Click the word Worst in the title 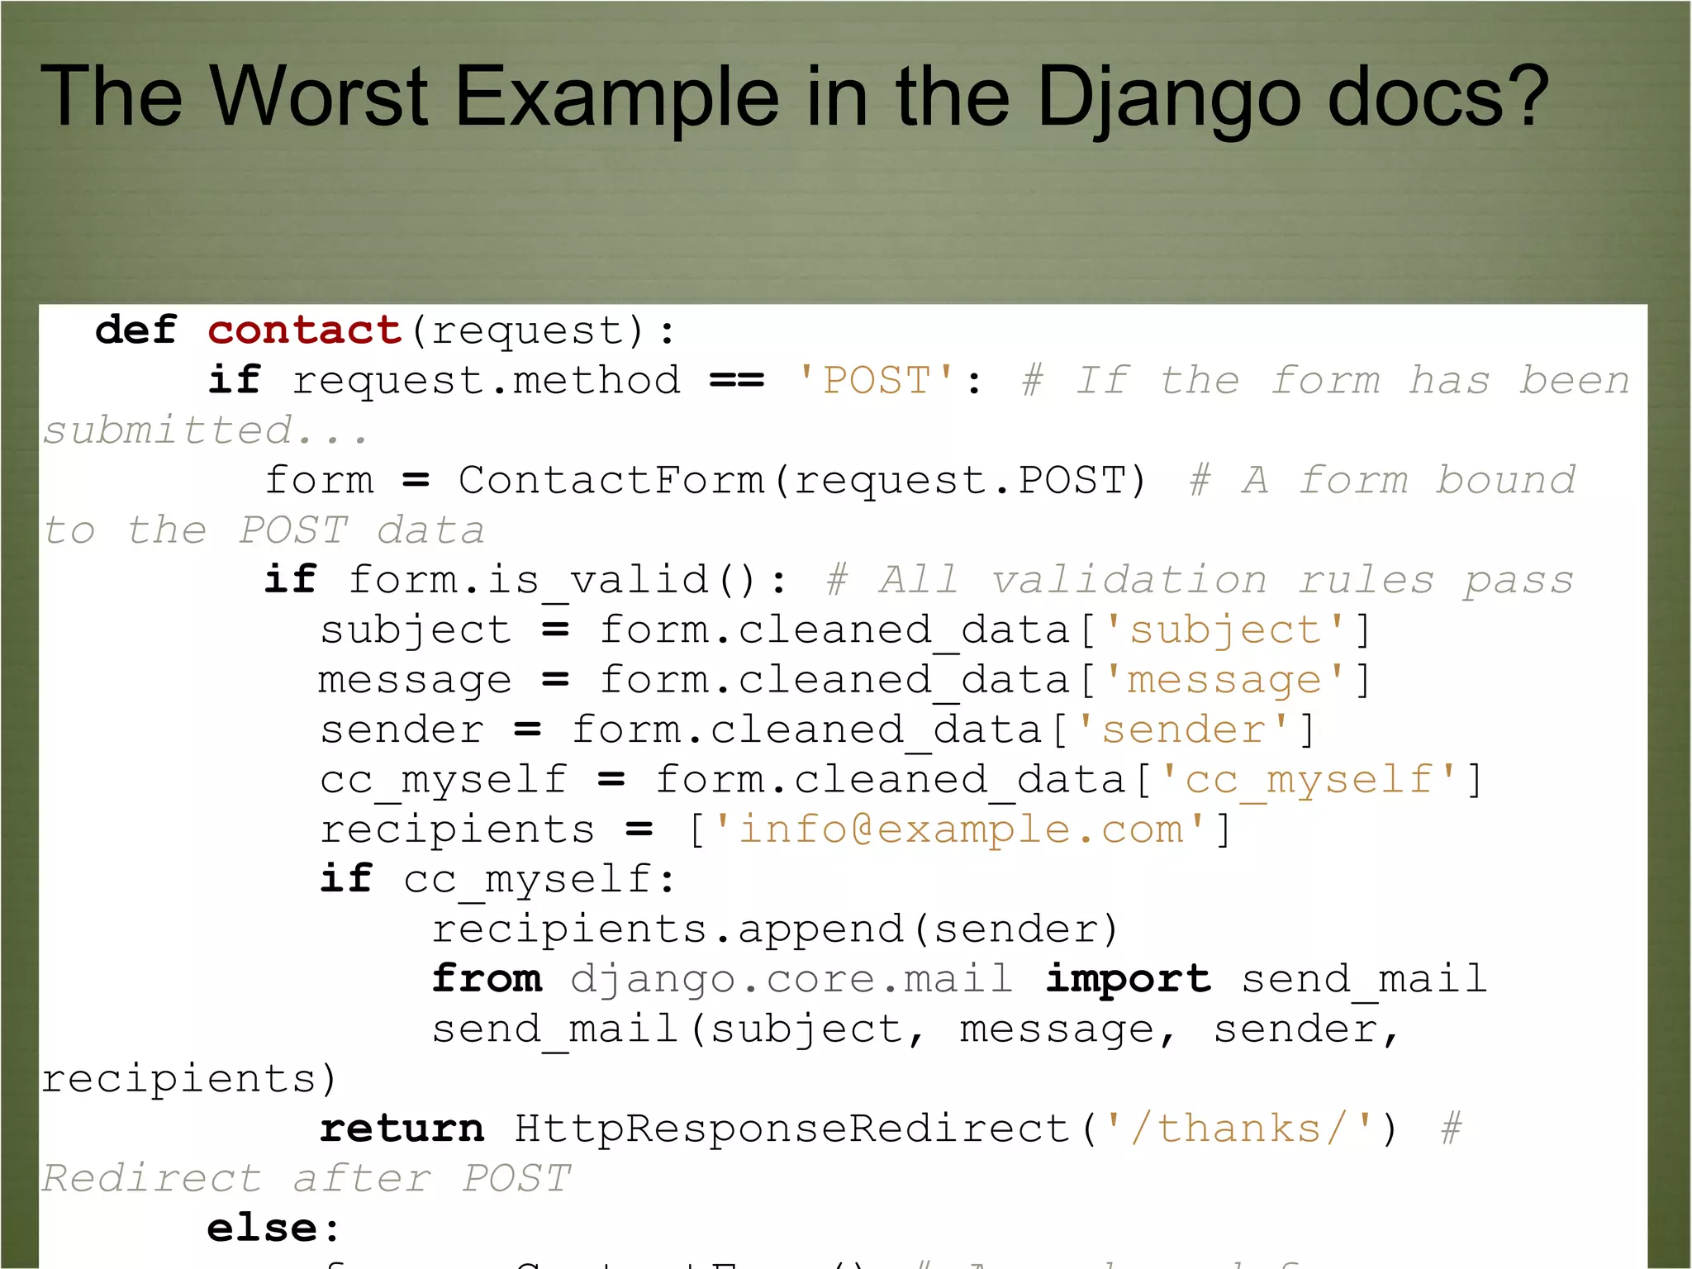pyautogui.click(x=319, y=97)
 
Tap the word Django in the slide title pyautogui.click(x=1168, y=98)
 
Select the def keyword pyautogui.click(x=135, y=330)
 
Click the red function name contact pyautogui.click(x=304, y=330)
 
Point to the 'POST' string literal pyautogui.click(x=877, y=381)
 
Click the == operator pyautogui.click(x=737, y=381)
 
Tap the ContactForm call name pyautogui.click(x=611, y=481)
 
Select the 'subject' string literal pyautogui.click(x=1225, y=630)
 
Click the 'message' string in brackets pyautogui.click(x=1225, y=681)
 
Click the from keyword pyautogui.click(x=487, y=979)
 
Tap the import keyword pyautogui.click(x=1128, y=979)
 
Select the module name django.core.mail pyautogui.click(x=791, y=979)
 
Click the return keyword pyautogui.click(x=402, y=1129)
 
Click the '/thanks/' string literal pyautogui.click(x=1239, y=1129)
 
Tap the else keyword pyautogui.click(x=262, y=1229)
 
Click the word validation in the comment pyautogui.click(x=1129, y=580)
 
